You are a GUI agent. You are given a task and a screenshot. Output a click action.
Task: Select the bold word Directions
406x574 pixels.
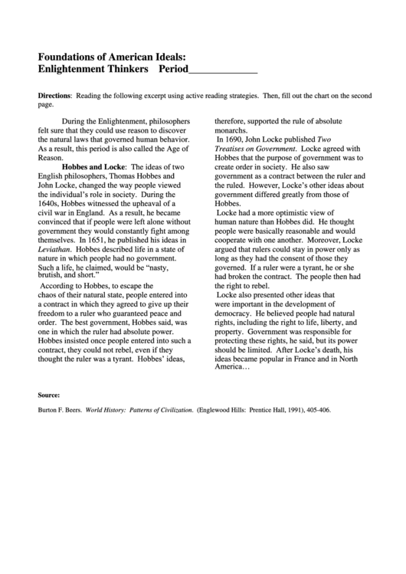tap(54, 96)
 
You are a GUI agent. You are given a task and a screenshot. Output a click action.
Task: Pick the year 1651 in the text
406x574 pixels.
tap(104, 240)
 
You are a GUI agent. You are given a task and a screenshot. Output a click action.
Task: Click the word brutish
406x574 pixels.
tap(53, 277)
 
